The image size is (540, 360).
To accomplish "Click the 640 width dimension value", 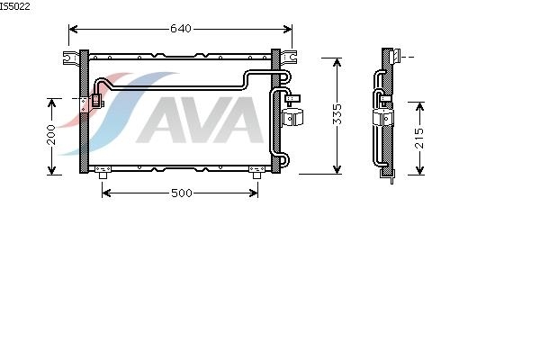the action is [181, 28].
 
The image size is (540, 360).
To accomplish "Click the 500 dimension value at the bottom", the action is [182, 193].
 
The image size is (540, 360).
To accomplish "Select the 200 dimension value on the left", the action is [51, 134].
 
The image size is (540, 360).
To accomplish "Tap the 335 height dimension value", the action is [337, 113].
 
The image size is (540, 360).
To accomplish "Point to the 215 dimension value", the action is [419, 138].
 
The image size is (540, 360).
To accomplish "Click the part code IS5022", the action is [14, 6].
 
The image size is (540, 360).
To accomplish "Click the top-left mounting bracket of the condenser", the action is [71, 58].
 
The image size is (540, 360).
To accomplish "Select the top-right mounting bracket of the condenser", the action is [289, 58].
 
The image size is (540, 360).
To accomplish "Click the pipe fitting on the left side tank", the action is [97, 101].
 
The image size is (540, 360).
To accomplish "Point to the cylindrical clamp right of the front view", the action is [292, 117].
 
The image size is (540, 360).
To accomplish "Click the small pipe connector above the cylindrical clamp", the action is [292, 99].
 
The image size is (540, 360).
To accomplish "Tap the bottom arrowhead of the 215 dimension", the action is [419, 170].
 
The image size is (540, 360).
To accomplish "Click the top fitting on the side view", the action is [395, 56].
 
